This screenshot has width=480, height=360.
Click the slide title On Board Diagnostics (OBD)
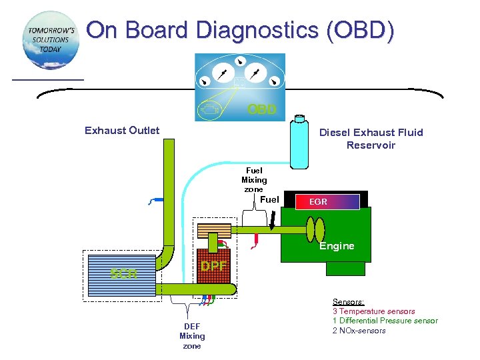click(240, 31)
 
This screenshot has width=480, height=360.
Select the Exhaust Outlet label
click(122, 131)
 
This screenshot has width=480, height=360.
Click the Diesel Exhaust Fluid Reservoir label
click(371, 139)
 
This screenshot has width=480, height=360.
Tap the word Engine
click(337, 246)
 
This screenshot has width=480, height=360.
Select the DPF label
click(213, 266)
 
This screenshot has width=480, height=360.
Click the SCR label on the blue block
click(123, 273)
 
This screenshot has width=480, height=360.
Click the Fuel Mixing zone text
click(254, 180)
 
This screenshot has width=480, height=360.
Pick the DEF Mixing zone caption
click(192, 336)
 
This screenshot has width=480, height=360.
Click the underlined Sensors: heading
click(348, 302)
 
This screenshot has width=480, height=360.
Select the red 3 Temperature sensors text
click(373, 311)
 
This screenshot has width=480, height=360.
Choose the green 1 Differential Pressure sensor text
click(385, 321)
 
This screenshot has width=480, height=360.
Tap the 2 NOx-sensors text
click(359, 331)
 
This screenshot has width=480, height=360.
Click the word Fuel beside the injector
click(269, 199)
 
